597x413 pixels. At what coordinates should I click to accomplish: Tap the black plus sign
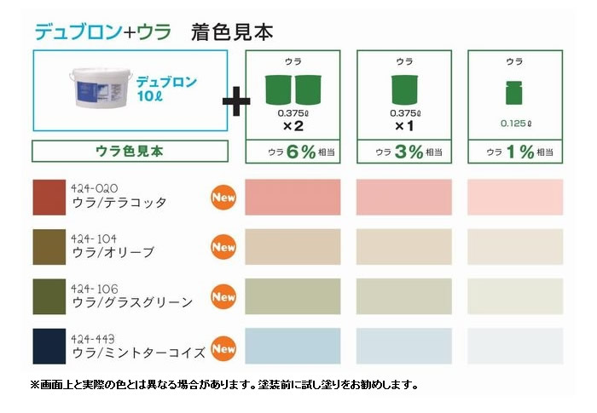(236, 100)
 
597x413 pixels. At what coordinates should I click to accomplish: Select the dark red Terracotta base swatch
(49, 198)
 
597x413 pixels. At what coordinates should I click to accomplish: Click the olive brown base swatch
(49, 247)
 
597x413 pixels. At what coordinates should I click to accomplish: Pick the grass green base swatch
(49, 296)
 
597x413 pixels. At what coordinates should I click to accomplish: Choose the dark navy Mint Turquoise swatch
(49, 347)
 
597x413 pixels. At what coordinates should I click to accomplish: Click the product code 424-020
(95, 188)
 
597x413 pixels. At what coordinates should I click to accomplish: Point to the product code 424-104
(94, 238)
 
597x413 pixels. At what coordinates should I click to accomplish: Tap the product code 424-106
(95, 289)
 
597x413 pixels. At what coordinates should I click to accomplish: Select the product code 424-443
(92, 339)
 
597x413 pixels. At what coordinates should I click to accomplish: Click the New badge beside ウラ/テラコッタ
(223, 198)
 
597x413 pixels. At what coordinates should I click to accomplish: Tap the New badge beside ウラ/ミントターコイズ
(223, 348)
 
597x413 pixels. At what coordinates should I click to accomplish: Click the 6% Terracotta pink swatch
(293, 198)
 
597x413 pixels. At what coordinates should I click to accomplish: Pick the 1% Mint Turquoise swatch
(515, 347)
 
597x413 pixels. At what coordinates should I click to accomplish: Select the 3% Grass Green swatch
(404, 296)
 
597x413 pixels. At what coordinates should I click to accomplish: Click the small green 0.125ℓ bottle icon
(514, 93)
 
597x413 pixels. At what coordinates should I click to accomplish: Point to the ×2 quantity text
(293, 126)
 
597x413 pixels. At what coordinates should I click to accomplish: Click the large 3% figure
(409, 152)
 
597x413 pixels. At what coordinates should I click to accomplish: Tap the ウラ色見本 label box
(130, 152)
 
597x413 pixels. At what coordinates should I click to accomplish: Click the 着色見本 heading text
(232, 32)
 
